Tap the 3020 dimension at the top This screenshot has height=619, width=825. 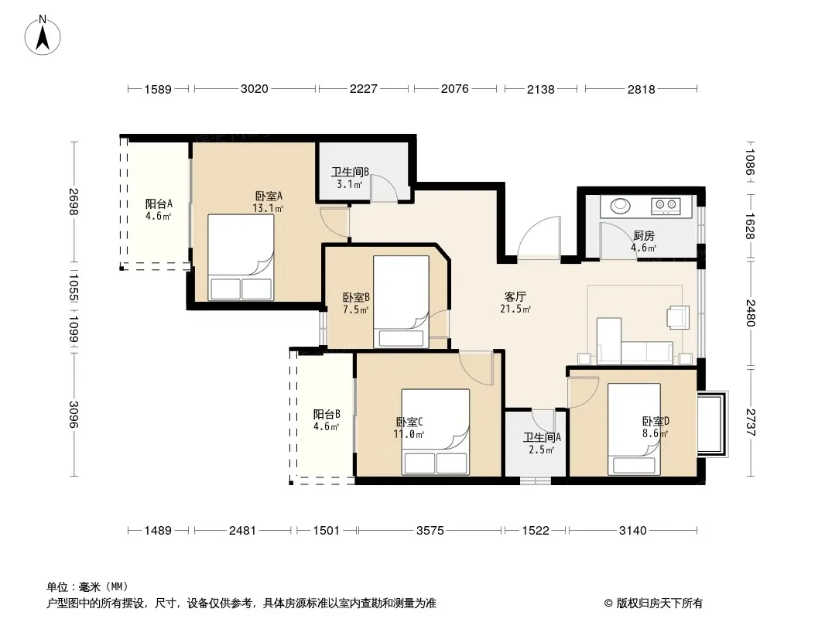254,89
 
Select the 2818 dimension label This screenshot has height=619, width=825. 641,89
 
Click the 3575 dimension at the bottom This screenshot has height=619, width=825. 430,530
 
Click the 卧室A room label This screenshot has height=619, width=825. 268,197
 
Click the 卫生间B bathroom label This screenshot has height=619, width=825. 350,173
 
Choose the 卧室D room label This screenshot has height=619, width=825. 655,422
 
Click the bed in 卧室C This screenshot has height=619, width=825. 435,431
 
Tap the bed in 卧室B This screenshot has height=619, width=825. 401,302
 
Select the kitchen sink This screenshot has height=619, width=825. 621,207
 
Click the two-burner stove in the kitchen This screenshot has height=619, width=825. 666,207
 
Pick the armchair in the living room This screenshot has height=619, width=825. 678,317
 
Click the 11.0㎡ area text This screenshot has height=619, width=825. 408,434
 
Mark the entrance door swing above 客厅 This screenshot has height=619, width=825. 539,238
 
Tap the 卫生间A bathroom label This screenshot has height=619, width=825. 542,436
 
